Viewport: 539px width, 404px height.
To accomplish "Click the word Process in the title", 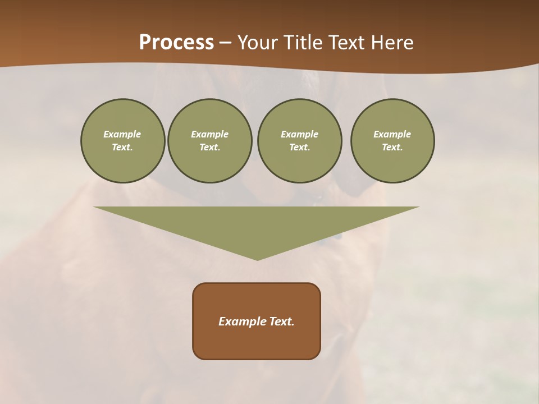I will point(176,43).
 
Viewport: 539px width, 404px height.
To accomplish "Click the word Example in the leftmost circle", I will point(122,134).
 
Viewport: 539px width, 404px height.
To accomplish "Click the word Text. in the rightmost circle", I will point(392,147).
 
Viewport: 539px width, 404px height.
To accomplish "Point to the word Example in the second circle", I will point(209,134).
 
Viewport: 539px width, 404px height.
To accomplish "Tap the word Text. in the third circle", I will point(299,147).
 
